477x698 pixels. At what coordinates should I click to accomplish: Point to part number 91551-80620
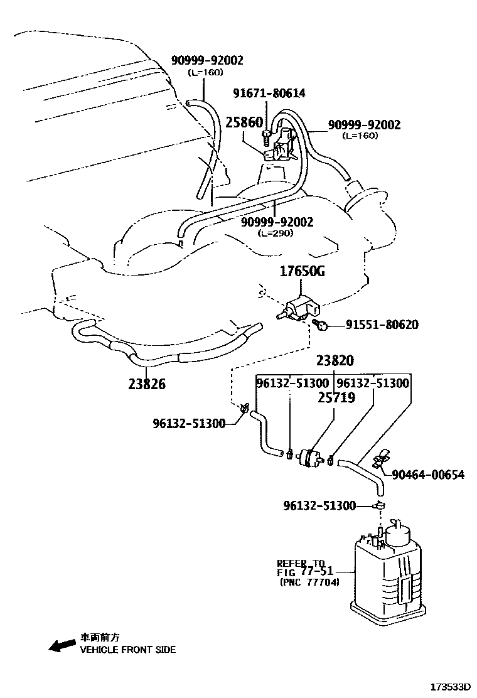(x=382, y=325)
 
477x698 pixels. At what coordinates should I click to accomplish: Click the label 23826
(x=147, y=384)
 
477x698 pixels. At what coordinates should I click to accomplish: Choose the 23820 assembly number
(x=335, y=361)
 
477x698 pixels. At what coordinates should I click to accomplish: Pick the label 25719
(x=336, y=397)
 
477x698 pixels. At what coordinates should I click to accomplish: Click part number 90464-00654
(x=428, y=475)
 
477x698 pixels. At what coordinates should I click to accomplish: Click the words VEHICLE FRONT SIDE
(x=127, y=650)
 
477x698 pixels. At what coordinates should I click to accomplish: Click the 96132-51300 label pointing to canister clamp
(x=319, y=506)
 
